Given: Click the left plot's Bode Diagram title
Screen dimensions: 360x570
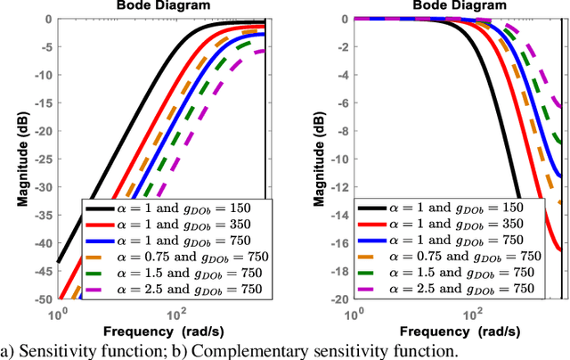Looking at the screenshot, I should (x=162, y=5).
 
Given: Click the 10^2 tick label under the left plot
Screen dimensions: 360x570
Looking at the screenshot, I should (x=176, y=313).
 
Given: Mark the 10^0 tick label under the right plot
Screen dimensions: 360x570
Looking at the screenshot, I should (x=354, y=313).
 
